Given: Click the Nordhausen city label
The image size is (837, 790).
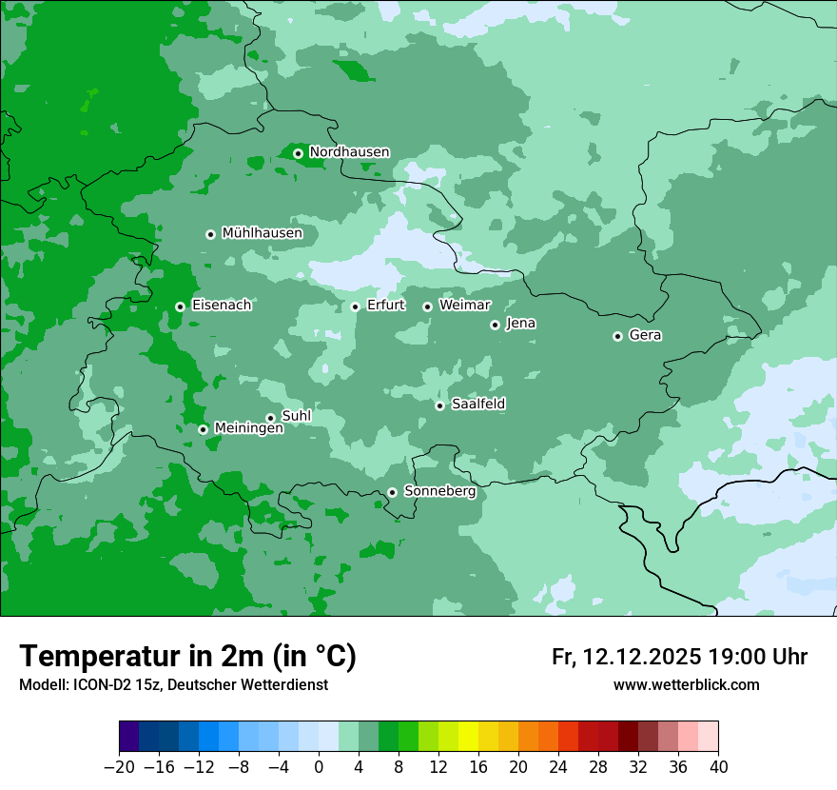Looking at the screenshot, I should (349, 152).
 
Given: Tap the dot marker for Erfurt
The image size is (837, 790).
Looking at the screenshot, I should (355, 306).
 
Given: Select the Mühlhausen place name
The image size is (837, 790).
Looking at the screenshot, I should (262, 233).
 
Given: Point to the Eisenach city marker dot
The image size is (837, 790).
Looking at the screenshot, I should (180, 306).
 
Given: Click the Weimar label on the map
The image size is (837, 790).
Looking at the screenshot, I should (464, 306).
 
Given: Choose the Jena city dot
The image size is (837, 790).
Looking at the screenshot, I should (495, 325).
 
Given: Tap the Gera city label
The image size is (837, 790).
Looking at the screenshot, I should (645, 335).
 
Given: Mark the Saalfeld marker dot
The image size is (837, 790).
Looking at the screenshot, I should (439, 405).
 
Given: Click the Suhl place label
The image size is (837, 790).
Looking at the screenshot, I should (297, 416).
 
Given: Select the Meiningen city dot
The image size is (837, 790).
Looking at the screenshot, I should (203, 429).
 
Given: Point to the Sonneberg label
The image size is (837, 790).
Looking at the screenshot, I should (439, 491).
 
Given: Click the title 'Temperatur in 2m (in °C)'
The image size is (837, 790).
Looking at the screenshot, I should (187, 656).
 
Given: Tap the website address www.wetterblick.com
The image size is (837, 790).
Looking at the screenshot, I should (686, 684).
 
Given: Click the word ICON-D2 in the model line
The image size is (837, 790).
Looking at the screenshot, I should (89, 684).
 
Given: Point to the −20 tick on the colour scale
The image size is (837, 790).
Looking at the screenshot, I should (119, 767).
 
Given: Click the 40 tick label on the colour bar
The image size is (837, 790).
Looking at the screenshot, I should (718, 767).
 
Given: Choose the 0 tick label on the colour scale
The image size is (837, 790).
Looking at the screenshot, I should (319, 767).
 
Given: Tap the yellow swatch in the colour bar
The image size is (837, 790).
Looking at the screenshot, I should (468, 737).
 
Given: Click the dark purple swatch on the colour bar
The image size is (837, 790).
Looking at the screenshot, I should (129, 737).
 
